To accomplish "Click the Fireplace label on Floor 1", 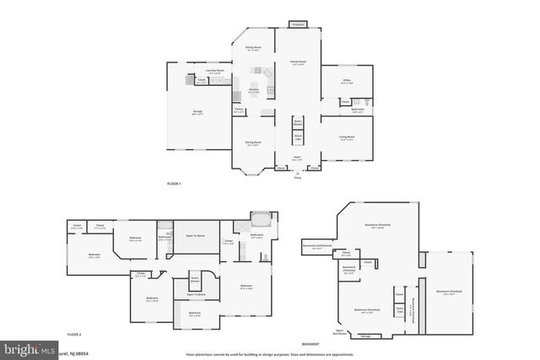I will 298,25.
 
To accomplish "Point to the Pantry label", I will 240,110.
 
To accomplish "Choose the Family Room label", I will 298,62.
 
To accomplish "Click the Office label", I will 346,83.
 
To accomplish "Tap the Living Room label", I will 347,138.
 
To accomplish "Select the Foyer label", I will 298,159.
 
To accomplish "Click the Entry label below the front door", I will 297,178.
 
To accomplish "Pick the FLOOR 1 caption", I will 174,183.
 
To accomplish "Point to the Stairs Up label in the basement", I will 400,310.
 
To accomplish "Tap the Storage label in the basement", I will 364,336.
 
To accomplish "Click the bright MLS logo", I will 25,348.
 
